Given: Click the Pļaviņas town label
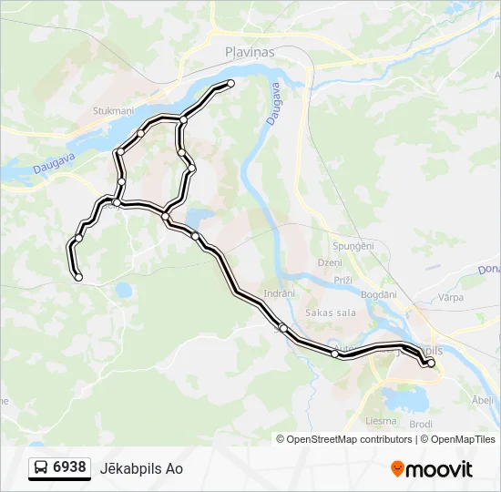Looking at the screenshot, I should point(250,53).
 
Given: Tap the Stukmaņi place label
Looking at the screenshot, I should point(113,111).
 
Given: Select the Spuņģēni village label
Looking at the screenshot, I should point(353,247).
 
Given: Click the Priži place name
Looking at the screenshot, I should point(343,280).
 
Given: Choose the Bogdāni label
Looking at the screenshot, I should point(378,294).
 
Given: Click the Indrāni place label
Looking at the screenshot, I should point(279,293).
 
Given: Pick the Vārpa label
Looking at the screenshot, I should point(450,297).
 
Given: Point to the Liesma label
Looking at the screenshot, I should point(381,421).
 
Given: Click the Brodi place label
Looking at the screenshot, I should point(421,425).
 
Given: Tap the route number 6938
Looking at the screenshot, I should point(69,467).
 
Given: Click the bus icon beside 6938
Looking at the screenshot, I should point(41,468).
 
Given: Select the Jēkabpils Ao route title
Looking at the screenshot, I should point(148,468).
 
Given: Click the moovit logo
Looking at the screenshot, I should point(432,468).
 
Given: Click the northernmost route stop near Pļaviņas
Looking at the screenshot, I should point(230,84).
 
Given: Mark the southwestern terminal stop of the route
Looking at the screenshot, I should point(78,277).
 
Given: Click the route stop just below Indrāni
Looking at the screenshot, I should point(283,327).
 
